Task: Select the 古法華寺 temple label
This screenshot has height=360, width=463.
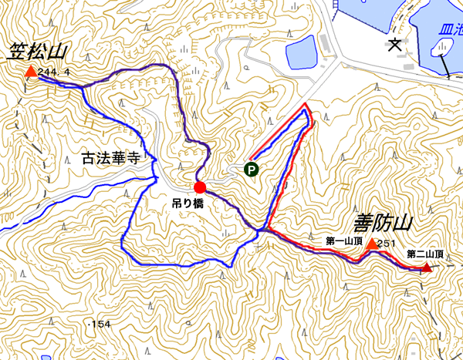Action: tap(110, 160)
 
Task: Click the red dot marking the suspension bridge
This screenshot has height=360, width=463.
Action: tap(200, 187)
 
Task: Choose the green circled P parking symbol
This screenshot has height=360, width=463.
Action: tap(251, 169)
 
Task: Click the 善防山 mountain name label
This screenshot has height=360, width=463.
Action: tap(384, 224)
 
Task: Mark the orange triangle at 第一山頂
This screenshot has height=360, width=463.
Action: tap(371, 244)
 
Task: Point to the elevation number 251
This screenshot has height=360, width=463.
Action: tap(387, 244)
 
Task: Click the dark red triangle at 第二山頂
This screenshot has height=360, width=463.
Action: tap(426, 268)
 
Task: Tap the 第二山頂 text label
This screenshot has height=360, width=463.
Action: tap(424, 254)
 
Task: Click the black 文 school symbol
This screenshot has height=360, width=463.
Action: tap(395, 45)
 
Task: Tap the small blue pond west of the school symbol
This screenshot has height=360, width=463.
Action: tap(301, 52)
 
